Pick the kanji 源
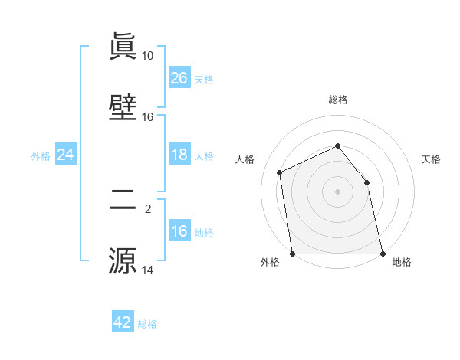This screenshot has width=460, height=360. click(x=123, y=260)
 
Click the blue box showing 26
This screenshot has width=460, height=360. click(x=179, y=78)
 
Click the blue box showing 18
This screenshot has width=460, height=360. click(x=179, y=155)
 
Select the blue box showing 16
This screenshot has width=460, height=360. click(x=179, y=231)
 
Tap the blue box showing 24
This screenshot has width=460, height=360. click(x=66, y=155)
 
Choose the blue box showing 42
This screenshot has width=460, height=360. click(x=123, y=322)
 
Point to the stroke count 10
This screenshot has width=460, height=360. click(x=148, y=56)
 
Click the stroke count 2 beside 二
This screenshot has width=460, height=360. click(x=148, y=208)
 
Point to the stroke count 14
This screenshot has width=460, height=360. click(x=148, y=270)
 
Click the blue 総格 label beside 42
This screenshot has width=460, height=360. click(x=147, y=324)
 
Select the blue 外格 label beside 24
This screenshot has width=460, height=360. click(x=41, y=156)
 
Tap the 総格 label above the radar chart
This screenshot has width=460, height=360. click(x=337, y=100)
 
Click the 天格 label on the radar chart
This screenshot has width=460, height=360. click(x=431, y=159)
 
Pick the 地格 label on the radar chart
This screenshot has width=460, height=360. click(x=402, y=262)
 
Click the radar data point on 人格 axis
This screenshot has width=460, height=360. click(x=280, y=172)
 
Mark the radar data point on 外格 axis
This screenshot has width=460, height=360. click(x=293, y=254)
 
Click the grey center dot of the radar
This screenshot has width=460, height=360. click(x=337, y=191)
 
